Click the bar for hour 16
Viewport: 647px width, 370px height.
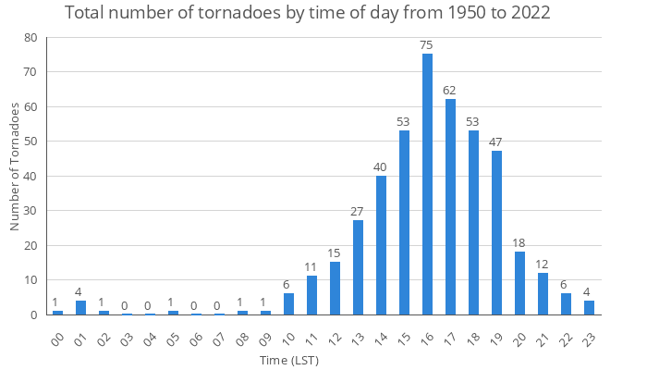click(x=427, y=184)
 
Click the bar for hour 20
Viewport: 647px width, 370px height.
click(x=519, y=283)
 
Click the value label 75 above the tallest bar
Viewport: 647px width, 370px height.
click(x=427, y=44)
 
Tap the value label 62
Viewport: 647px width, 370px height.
click(x=450, y=90)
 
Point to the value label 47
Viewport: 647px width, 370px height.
click(x=496, y=142)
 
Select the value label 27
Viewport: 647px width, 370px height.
click(x=358, y=211)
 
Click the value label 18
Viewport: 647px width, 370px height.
click(x=519, y=242)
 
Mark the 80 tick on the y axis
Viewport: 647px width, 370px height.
click(x=32, y=38)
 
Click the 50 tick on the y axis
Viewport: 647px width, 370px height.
click(x=32, y=142)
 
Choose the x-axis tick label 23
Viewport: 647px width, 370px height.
click(x=588, y=333)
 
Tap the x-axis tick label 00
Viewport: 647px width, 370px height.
click(x=56, y=333)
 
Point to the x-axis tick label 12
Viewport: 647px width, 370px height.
click(x=334, y=333)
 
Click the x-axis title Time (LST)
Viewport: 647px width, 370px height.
click(x=287, y=359)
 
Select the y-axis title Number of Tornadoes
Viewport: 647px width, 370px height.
click(x=14, y=166)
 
